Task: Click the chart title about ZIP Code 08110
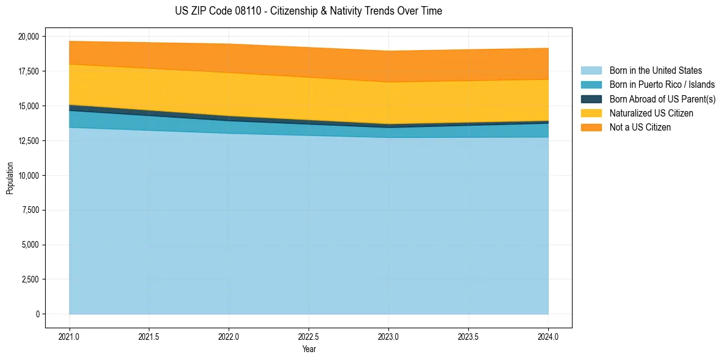[309, 11]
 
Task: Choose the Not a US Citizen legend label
[640, 127]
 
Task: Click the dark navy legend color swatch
[591, 99]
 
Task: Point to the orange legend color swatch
[591, 127]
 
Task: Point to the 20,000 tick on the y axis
[28, 37]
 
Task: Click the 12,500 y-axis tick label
[28, 141]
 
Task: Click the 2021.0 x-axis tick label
[69, 336]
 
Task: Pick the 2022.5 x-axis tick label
[309, 336]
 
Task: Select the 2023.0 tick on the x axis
[388, 336]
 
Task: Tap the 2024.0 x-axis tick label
[548, 336]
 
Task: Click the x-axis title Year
[309, 350]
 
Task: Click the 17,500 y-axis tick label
[28, 71]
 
